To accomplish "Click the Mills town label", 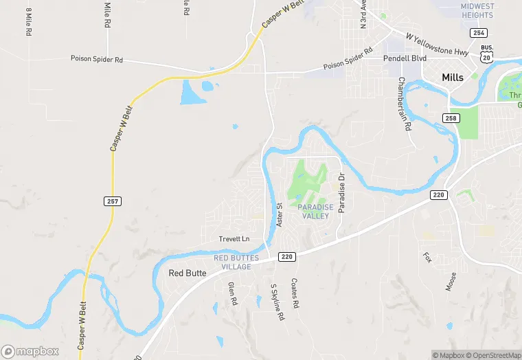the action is pos(453,78).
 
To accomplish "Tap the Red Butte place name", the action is pos(187,273).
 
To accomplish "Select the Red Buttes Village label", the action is pos(236,262).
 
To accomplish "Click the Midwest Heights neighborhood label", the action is pos(477,10).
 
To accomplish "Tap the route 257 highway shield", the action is pos(113,201).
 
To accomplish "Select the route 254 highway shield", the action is pos(479,33).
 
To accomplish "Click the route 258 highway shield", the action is pos(451,119).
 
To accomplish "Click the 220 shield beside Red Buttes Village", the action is pos(287,257).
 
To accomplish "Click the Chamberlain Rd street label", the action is pos(404,104).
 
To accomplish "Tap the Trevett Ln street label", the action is pos(234,239).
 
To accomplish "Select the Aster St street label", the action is pos(279,215).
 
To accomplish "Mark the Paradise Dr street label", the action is pos(341,195).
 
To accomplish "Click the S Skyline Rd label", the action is pos(277,303).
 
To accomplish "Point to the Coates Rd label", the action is pos(295,293).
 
